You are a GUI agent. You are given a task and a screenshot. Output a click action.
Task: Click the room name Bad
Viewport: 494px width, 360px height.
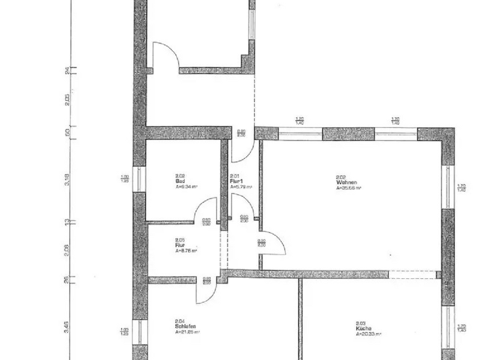[179, 181]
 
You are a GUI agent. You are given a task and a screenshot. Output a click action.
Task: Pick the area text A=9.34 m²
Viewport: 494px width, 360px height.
[187, 186]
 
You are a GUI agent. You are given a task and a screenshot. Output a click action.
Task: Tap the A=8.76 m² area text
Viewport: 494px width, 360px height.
[187, 251]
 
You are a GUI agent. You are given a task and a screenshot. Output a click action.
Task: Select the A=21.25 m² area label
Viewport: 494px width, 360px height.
[188, 332]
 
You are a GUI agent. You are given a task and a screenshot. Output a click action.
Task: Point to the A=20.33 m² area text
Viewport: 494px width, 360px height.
[369, 334]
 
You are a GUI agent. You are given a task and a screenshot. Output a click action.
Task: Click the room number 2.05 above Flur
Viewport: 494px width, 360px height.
[179, 240]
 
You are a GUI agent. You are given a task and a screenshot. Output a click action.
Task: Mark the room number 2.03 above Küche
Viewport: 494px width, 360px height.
[361, 323]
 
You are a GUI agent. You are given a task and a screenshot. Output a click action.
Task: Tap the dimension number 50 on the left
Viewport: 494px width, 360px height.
[67, 132]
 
